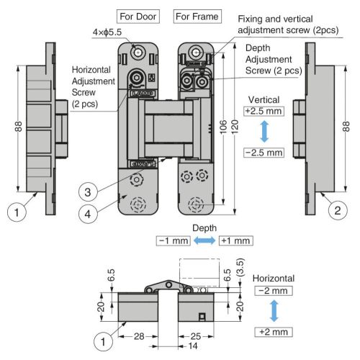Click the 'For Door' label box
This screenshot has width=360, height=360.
pos(138,17)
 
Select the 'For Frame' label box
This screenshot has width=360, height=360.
pos(197,17)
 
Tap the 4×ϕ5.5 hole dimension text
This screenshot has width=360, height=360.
pos(107,32)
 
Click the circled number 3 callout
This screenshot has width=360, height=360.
pos(88,192)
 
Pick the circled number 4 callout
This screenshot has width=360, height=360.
pos(88,214)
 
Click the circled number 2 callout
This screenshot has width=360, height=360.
pos(338,211)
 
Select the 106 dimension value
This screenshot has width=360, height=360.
pos(223,127)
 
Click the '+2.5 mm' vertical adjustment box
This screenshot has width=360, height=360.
pos(264,111)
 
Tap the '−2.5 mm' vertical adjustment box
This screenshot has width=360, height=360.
pos(264,153)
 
